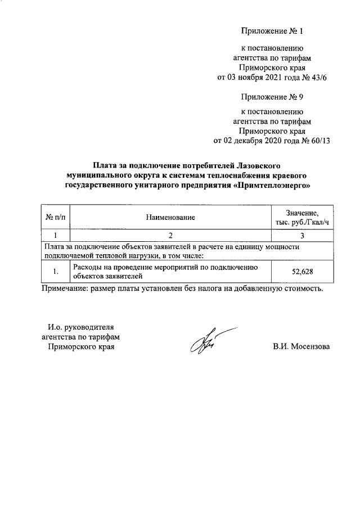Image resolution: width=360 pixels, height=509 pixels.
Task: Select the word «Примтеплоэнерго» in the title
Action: (x=272, y=184)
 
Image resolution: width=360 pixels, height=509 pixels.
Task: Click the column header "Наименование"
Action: (x=170, y=217)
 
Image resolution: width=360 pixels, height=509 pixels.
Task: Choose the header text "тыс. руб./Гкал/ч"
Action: (x=302, y=222)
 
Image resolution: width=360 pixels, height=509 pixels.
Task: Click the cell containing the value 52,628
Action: (x=302, y=272)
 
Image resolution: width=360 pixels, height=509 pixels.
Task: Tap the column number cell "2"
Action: (x=170, y=235)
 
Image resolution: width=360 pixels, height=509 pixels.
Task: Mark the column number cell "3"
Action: (x=302, y=235)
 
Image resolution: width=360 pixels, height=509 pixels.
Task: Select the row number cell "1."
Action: (x=55, y=272)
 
